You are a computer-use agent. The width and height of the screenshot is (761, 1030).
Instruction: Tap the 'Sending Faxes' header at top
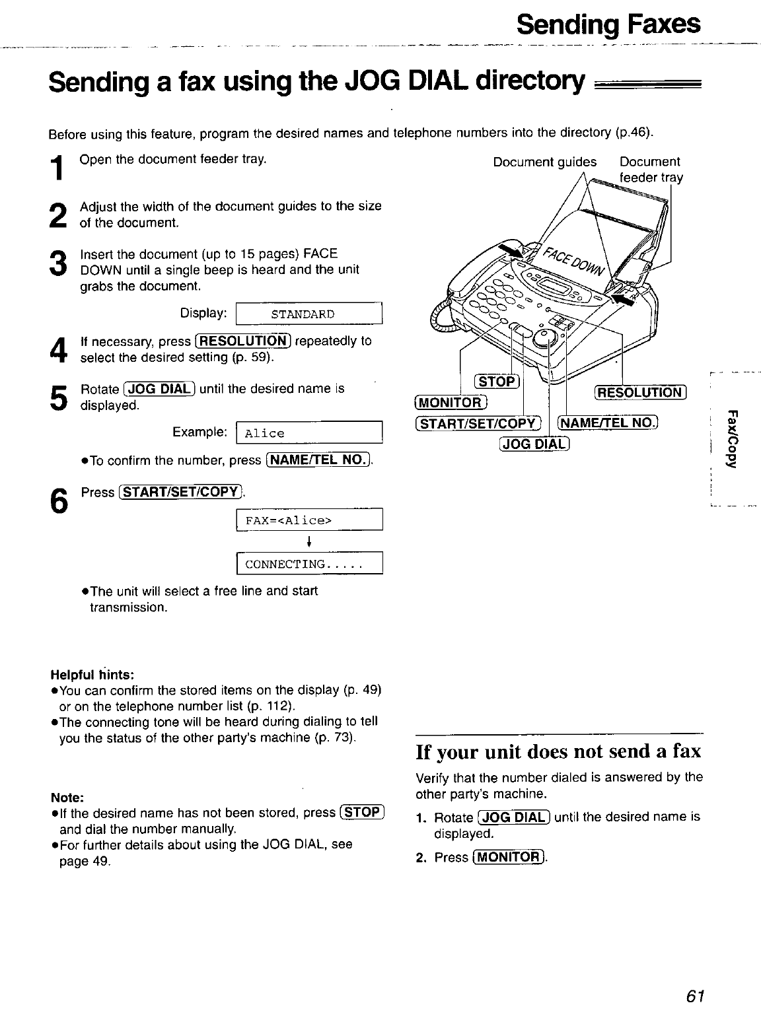(x=608, y=25)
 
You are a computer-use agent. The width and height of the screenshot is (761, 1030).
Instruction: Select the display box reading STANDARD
(x=309, y=314)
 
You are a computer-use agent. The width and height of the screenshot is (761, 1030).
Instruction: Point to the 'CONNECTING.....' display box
(x=309, y=565)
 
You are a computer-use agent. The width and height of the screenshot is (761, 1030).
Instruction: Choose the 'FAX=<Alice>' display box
(x=309, y=520)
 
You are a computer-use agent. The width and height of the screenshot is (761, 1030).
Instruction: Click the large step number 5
(x=58, y=396)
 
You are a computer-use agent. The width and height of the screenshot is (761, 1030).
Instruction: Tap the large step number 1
(x=58, y=168)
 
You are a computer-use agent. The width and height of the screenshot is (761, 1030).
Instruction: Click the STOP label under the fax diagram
(x=498, y=382)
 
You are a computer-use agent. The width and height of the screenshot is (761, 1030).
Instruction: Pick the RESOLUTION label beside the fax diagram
(x=641, y=392)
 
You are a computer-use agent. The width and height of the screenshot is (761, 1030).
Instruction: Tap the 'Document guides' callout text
(x=544, y=162)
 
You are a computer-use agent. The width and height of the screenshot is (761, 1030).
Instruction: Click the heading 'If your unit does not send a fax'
(x=558, y=752)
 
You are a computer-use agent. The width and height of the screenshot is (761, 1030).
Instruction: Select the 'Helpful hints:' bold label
(x=92, y=675)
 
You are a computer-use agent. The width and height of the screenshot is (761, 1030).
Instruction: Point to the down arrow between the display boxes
(x=309, y=543)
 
